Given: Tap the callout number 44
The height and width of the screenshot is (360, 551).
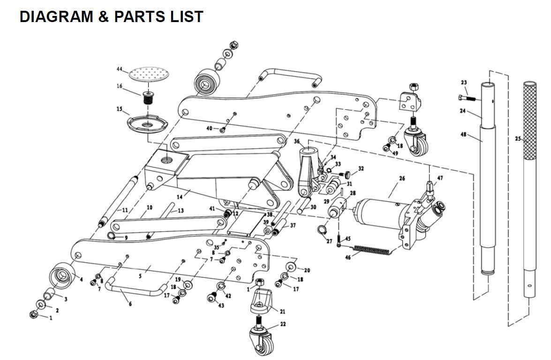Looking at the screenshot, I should [x=120, y=69].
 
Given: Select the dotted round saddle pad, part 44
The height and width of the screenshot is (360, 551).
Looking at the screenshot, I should [x=149, y=74].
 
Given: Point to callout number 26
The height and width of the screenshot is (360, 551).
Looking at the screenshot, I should [x=402, y=178].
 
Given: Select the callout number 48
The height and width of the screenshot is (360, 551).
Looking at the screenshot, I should [x=463, y=135].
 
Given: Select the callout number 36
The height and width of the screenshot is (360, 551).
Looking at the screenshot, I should [x=297, y=141].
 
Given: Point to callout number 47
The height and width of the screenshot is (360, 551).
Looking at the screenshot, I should [x=440, y=178].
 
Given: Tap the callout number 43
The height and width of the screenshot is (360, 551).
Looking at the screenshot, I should [x=221, y=306].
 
